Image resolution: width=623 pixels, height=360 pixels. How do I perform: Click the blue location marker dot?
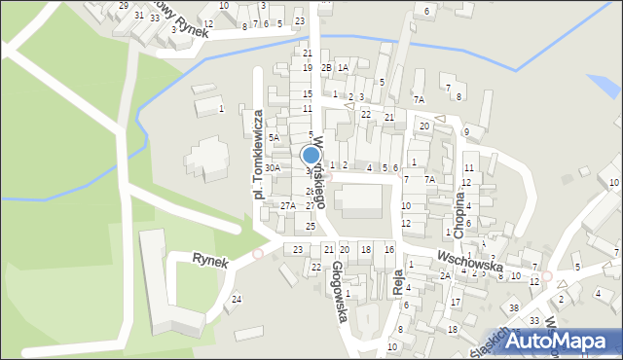point(311,155)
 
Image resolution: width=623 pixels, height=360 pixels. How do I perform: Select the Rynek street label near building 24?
point(209,260)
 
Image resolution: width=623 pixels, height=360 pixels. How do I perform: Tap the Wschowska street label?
point(469,259)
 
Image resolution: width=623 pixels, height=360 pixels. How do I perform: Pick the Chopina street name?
point(459,205)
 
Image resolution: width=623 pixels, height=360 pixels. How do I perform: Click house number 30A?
point(273,168)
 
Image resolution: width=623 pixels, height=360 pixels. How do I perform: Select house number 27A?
point(288,205)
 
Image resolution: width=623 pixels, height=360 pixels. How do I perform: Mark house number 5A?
point(275,138)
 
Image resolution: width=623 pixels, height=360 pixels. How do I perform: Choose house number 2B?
point(327,67)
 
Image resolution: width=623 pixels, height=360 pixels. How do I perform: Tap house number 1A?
point(343,67)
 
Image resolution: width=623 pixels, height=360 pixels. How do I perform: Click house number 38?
point(514,307)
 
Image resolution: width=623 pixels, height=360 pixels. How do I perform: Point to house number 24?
point(238,299)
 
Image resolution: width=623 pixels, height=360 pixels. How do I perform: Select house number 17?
point(456,303)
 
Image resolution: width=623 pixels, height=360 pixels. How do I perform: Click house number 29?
point(124,6)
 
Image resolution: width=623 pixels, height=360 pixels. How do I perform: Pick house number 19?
point(307,67)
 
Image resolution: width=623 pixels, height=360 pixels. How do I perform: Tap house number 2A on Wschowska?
point(444,276)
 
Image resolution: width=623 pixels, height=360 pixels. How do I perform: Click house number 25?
point(311,226)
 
